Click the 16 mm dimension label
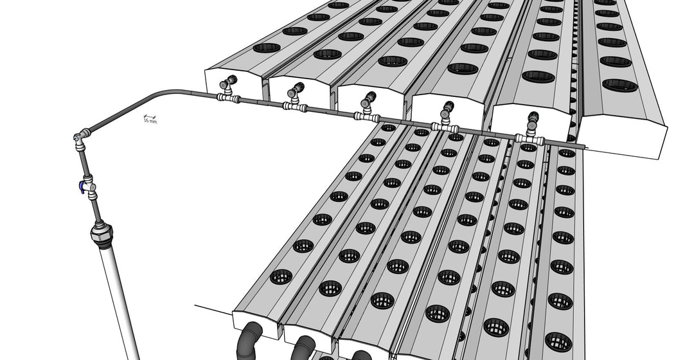(x=149, y=120)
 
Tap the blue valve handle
(x=81, y=186)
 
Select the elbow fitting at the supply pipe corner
(x=80, y=137)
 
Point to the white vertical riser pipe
(x=120, y=296)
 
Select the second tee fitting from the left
(x=295, y=106)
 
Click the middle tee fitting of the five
(x=366, y=116)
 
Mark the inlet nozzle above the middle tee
(x=368, y=100)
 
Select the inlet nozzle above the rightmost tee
(x=533, y=121)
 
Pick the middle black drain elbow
(x=302, y=348)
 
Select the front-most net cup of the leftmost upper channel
(x=267, y=48)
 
